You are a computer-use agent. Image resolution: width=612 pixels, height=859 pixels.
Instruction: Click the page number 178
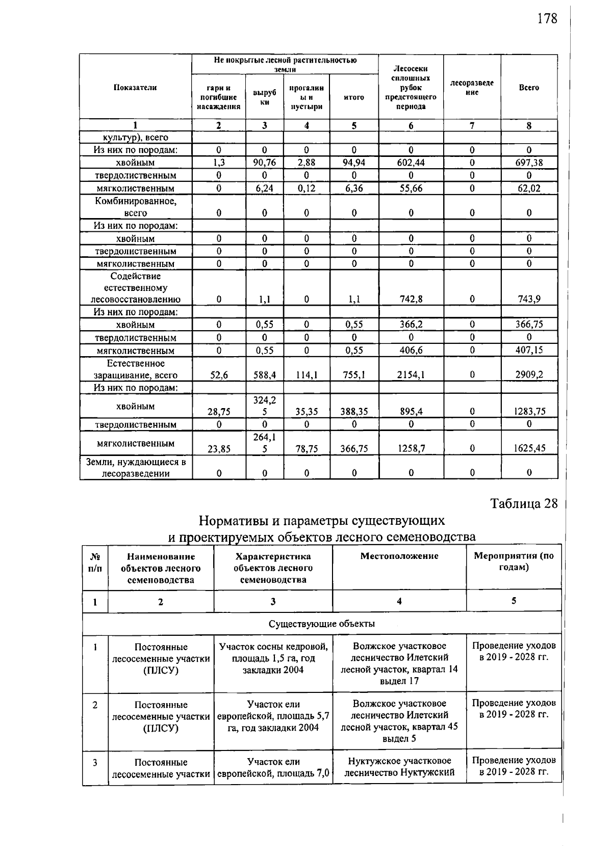tap(547, 19)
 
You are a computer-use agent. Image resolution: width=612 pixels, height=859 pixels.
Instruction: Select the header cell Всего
tap(529, 87)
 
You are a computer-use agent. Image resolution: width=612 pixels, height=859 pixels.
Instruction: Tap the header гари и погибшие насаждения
tap(218, 97)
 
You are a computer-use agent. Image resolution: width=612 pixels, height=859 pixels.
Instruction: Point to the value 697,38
tap(529, 163)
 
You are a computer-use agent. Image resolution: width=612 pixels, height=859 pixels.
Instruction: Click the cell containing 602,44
tap(411, 163)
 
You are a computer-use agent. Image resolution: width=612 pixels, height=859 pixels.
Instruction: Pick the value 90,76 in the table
tap(264, 163)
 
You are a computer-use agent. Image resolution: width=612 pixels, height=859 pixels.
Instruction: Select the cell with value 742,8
tap(411, 299)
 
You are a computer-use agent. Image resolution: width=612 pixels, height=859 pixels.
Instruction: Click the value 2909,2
tap(529, 375)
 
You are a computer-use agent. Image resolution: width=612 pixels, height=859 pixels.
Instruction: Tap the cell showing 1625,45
tap(529, 448)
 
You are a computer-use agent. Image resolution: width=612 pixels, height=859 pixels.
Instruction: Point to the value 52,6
tap(218, 375)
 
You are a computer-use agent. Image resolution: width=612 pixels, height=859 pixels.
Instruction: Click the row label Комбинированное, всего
tap(136, 207)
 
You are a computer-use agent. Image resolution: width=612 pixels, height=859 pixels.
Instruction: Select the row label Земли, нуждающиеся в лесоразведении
tap(136, 467)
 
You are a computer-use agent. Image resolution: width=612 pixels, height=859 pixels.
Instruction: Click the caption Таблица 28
tap(524, 503)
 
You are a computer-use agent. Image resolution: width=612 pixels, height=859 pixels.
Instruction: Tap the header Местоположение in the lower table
tap(399, 556)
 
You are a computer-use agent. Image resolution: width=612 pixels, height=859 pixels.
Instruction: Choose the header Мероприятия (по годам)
tap(514, 561)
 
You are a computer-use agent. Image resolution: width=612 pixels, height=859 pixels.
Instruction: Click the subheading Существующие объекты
tap(321, 624)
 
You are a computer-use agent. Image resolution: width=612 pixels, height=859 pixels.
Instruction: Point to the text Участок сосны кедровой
tap(273, 647)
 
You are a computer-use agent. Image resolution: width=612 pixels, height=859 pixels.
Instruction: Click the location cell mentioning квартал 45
tap(399, 721)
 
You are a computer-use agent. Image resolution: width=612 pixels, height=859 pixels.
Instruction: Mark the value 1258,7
tap(411, 448)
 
